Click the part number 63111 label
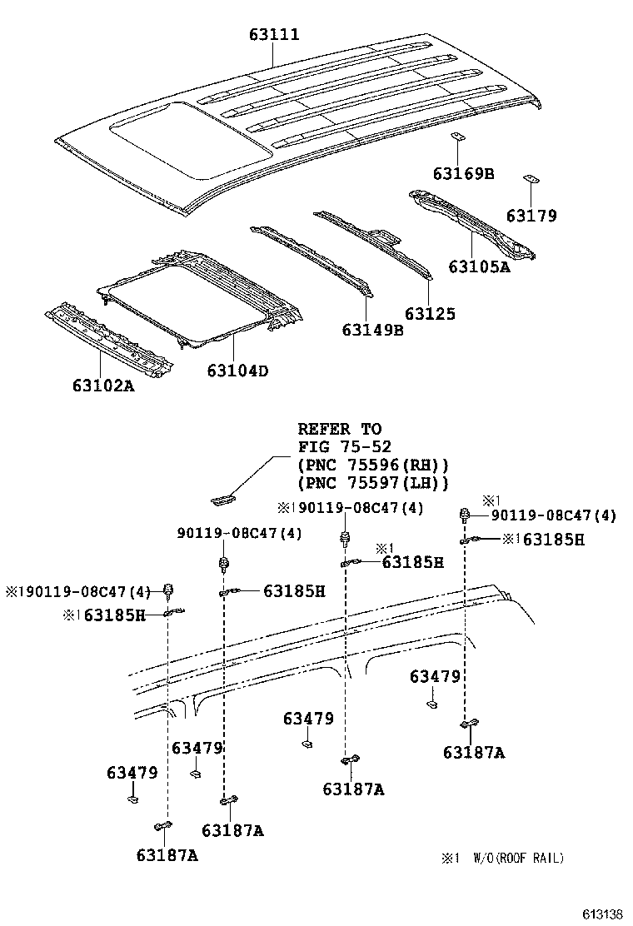click(x=274, y=35)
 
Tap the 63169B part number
click(x=463, y=173)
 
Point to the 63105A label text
click(x=479, y=266)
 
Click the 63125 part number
click(x=430, y=314)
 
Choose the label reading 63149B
click(x=371, y=330)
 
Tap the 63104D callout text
click(x=238, y=371)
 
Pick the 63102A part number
click(x=102, y=386)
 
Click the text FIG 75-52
click(x=344, y=447)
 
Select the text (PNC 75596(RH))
click(x=372, y=465)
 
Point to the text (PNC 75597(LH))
click(x=372, y=482)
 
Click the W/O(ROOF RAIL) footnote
click(x=518, y=858)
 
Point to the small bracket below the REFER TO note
click(x=223, y=500)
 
